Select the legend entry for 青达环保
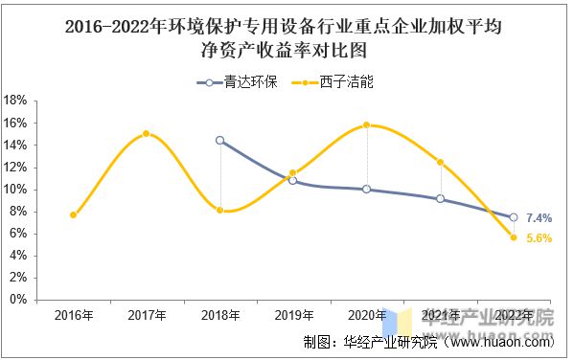pyautogui.click(x=239, y=81)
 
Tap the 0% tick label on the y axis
pyautogui.click(x=18, y=300)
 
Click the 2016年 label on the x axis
pyautogui.click(x=74, y=315)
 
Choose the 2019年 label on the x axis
pyautogui.click(x=293, y=315)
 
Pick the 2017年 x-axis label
pyautogui.click(x=147, y=315)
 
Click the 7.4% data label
pyautogui.click(x=539, y=218)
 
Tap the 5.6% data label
pyautogui.click(x=539, y=239)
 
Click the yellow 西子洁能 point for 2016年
pyautogui.click(x=74, y=214)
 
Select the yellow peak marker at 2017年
pyautogui.click(x=147, y=133)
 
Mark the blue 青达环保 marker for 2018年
pyautogui.click(x=220, y=140)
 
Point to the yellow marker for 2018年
pyautogui.click(x=220, y=210)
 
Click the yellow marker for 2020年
pyautogui.click(x=367, y=124)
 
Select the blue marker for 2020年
pyautogui.click(x=367, y=189)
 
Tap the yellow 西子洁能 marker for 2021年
pyautogui.click(x=440, y=162)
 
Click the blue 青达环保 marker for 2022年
pyautogui.click(x=513, y=217)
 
